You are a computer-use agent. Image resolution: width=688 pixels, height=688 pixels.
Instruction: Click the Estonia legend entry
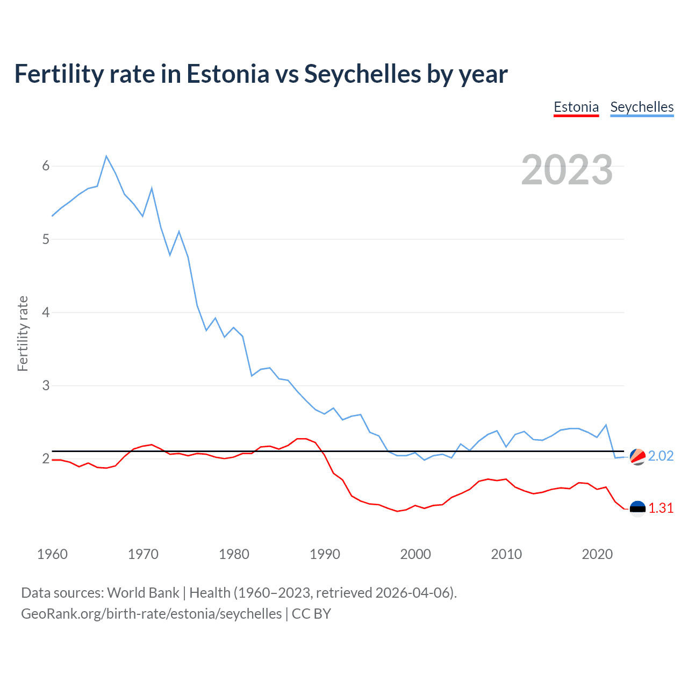576,107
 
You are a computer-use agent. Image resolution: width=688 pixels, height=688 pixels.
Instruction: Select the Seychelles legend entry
642,107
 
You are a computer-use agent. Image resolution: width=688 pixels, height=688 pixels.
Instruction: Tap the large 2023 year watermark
567,170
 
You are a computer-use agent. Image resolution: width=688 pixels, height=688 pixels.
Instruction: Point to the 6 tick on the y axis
46,166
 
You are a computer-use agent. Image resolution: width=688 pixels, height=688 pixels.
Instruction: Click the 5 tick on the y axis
46,239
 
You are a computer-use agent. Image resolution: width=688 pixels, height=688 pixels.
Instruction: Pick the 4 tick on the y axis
46,312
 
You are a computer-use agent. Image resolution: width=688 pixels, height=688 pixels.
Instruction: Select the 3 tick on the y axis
46,385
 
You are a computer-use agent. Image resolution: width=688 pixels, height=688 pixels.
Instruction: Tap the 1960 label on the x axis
52,554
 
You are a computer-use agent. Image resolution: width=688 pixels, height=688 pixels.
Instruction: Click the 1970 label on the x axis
143,554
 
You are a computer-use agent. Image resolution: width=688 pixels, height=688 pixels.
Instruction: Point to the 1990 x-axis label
325,554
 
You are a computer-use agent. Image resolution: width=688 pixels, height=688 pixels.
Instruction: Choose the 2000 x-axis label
415,554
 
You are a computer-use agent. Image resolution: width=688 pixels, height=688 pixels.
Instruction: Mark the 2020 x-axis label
597,554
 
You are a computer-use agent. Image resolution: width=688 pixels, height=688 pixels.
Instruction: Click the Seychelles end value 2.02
661,456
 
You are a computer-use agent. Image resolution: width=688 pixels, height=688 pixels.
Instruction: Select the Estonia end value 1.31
661,508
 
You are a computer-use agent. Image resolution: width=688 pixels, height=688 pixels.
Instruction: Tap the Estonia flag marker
637,508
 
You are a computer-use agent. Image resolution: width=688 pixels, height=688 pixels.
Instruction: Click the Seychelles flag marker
637,456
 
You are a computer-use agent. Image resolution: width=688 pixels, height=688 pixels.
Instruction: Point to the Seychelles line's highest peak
106,156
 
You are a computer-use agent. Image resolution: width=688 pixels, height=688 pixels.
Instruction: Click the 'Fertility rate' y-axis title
23,333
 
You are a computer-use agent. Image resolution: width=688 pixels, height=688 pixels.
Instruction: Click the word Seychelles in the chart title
363,74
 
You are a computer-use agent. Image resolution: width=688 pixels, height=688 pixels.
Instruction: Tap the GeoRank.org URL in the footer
151,614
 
